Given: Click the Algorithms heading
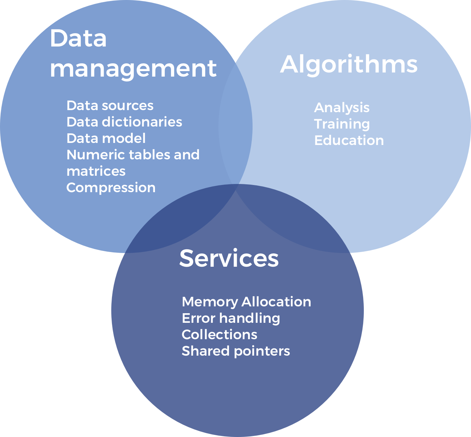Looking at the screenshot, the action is [348, 64].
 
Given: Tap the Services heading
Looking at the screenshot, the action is [229, 258].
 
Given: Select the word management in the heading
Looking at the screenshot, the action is [133, 68].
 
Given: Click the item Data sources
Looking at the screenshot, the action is [110, 106].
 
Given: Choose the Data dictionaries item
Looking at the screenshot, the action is [124, 122].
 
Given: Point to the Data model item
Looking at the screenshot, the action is [106, 138].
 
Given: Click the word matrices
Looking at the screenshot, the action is [96, 171].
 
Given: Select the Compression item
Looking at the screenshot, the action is [111, 188].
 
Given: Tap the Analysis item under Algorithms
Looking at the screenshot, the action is [342, 108].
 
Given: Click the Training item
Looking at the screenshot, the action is [342, 124].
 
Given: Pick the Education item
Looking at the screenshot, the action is [349, 141].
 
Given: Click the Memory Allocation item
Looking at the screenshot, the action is [246, 302].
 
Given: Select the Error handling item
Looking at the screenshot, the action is [231, 318].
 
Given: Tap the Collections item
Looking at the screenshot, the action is [219, 335].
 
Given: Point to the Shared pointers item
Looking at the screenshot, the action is [235, 351].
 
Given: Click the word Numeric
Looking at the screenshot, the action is [95, 155].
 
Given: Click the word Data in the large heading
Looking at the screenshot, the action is [78, 38].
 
